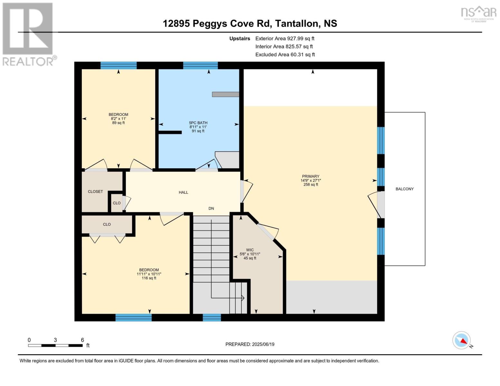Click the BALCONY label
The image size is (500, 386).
(404, 189)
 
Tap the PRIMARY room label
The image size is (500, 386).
(310, 180)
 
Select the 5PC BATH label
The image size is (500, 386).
(198, 127)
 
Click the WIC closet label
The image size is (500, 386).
(250, 254)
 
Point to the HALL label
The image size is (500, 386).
(183, 192)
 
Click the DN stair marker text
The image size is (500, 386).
(211, 208)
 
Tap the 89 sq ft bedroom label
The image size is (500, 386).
(118, 118)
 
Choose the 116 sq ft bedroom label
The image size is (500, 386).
(149, 274)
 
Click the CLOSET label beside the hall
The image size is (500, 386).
(95, 191)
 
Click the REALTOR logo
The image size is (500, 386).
(28, 34)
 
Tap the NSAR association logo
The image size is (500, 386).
(478, 14)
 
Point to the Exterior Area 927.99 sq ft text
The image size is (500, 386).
(285, 38)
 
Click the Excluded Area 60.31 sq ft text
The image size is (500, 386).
(285, 55)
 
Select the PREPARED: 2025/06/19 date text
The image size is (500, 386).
(250, 344)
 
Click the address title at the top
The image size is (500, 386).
(250, 23)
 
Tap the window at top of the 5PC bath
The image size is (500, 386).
(200, 65)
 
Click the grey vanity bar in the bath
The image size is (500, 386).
(225, 94)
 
